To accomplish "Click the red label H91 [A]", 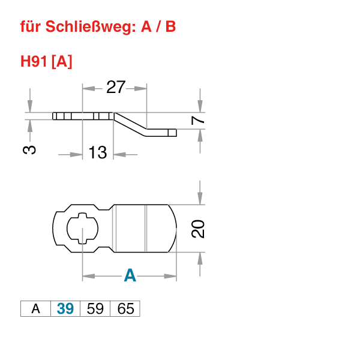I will (x=46, y=61).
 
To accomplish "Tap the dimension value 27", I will (x=115, y=88).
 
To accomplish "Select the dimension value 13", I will (x=98, y=153).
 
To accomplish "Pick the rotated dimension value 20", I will (x=199, y=229).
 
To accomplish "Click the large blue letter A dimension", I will (x=130, y=276).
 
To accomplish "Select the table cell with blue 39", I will (x=65, y=309).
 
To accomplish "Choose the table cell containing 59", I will (x=95, y=309).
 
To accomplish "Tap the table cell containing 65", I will (x=125, y=309).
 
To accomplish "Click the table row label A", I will (x=35, y=309).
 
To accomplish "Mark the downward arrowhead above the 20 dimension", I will (x=200, y=197).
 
